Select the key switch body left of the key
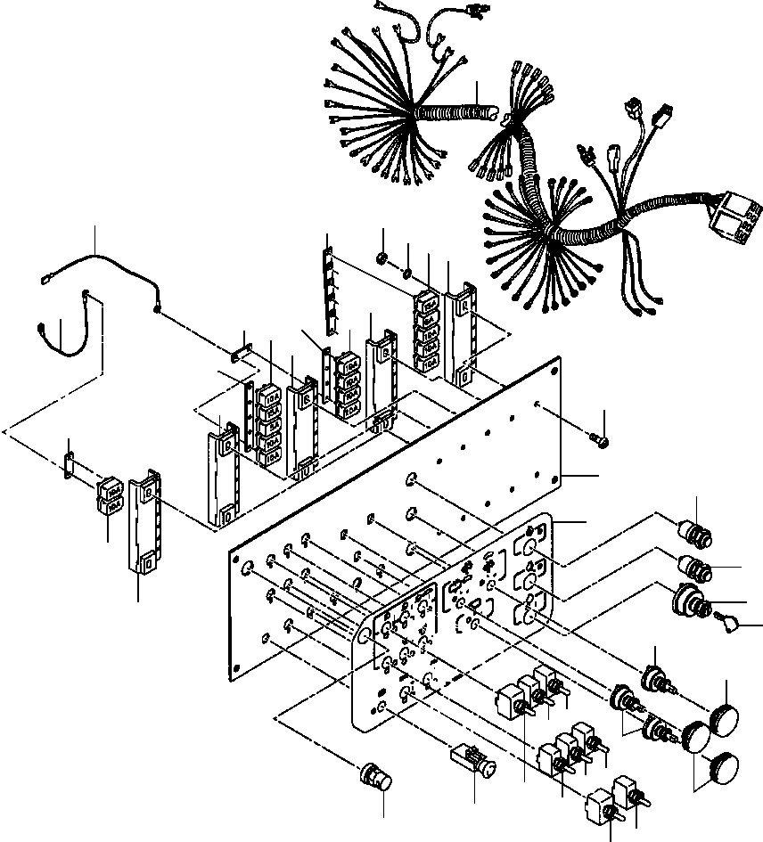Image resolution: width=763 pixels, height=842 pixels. [690, 601]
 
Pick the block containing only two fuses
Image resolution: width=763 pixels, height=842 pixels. [111, 496]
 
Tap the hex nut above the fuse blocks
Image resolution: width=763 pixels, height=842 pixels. [381, 260]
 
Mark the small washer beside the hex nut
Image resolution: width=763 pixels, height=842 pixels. [406, 273]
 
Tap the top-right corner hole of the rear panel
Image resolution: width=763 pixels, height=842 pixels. [556, 365]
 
